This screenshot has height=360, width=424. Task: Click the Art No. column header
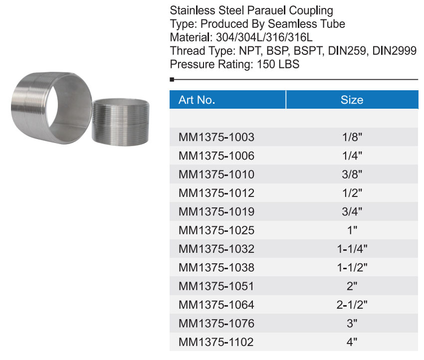tap(197, 100)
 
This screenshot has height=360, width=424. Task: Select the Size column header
tap(352, 100)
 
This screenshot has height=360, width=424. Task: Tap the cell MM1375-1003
tap(216, 137)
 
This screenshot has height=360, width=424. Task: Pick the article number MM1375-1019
tap(216, 211)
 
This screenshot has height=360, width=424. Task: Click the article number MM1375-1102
tap(216, 342)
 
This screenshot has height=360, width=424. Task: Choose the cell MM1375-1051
tap(216, 286)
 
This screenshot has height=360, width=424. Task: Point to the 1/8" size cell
tap(352, 137)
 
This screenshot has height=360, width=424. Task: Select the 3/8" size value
tap(352, 175)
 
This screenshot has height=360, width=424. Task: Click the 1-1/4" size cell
tap(352, 249)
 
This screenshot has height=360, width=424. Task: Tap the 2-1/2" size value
tap(352, 305)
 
